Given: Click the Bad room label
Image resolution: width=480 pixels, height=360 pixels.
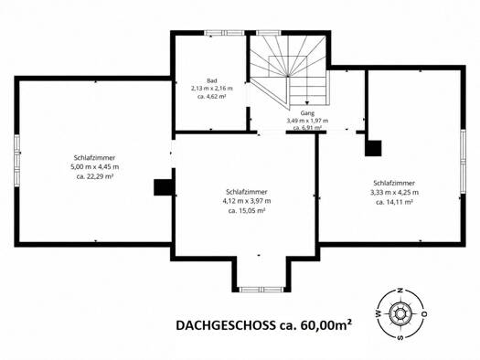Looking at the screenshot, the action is [212, 80].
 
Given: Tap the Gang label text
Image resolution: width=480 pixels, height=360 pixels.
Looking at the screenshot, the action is [307, 113].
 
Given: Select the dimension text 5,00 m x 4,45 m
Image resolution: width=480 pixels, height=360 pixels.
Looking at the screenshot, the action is [94, 167].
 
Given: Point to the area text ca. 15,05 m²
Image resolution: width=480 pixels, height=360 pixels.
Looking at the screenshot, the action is [247, 211].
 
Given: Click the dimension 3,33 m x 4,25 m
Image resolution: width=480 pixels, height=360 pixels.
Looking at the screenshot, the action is [394, 193].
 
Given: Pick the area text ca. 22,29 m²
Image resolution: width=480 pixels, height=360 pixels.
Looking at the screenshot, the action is [94, 176].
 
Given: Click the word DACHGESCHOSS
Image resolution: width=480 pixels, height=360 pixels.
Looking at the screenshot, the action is [226, 325].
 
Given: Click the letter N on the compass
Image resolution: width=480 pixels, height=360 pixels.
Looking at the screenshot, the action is [400, 291].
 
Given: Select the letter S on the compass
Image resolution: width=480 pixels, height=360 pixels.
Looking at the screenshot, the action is [400, 337].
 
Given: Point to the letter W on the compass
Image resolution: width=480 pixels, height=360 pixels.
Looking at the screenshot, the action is [378, 313].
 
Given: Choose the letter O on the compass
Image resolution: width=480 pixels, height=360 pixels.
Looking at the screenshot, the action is [424, 313].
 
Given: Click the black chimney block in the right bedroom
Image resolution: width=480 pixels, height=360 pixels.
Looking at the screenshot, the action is [373, 148].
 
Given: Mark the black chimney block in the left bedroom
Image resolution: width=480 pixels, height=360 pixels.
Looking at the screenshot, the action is [164, 187].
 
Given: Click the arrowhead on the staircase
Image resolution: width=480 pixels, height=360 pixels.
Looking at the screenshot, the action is [307, 103].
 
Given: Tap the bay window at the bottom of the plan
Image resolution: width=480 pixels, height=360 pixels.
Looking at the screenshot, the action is [261, 290].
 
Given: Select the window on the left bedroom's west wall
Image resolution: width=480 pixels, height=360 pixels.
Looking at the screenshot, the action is [17, 160].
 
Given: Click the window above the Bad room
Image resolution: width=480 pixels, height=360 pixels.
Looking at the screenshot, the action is [225, 33].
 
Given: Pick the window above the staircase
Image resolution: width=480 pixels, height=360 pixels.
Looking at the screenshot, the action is [269, 33].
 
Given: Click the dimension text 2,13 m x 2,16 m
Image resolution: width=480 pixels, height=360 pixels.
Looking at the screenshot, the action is [212, 89].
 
